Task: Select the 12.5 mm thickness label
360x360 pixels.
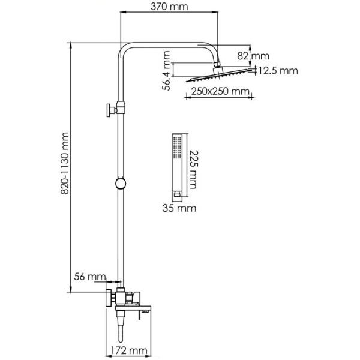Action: point(278,71)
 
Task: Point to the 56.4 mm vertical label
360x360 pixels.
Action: point(166,71)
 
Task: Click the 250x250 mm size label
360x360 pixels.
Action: point(221,91)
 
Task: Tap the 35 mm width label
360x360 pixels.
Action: point(178,208)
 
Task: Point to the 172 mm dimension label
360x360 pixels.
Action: point(128,350)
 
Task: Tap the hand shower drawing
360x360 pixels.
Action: point(176,164)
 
